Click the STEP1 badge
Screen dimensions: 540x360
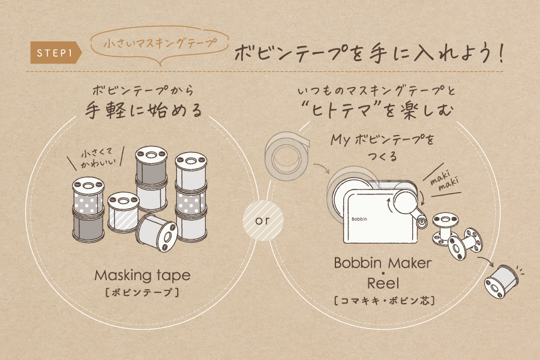click(x=56, y=53)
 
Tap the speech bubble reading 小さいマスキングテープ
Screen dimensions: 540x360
click(x=160, y=44)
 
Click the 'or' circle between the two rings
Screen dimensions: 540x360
click(x=263, y=220)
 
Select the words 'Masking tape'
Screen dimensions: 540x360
click(x=142, y=275)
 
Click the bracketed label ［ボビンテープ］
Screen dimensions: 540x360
click(x=142, y=292)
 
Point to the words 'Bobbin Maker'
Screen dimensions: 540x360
click(x=382, y=263)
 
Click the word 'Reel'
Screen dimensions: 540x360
click(x=383, y=284)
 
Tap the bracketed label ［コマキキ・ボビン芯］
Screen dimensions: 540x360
click(x=384, y=301)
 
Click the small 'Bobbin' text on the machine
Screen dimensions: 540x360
click(x=359, y=219)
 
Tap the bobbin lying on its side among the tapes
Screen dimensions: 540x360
click(x=157, y=232)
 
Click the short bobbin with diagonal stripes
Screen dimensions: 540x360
click(x=123, y=212)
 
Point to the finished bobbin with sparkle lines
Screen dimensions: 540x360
click(x=501, y=281)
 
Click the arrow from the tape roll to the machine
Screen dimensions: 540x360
click(x=322, y=168)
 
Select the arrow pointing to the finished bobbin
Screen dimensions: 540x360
click(x=486, y=261)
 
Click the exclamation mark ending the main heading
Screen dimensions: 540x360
click(x=501, y=53)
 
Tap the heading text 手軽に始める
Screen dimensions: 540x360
click(x=143, y=110)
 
